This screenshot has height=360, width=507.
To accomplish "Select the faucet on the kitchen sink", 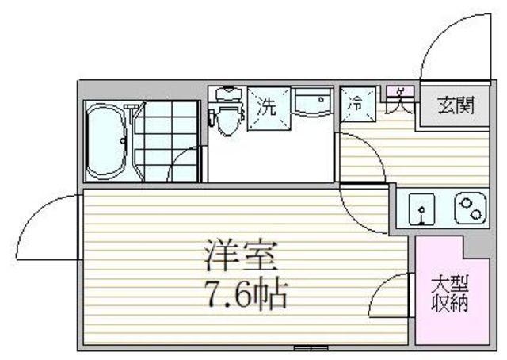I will (421, 213).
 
